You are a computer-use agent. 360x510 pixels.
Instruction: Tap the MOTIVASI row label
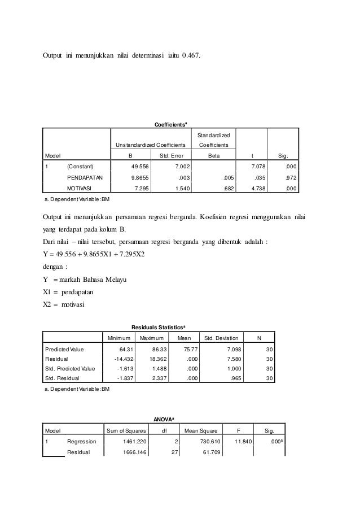(81, 190)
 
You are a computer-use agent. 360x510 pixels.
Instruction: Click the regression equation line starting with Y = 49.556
(94, 253)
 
